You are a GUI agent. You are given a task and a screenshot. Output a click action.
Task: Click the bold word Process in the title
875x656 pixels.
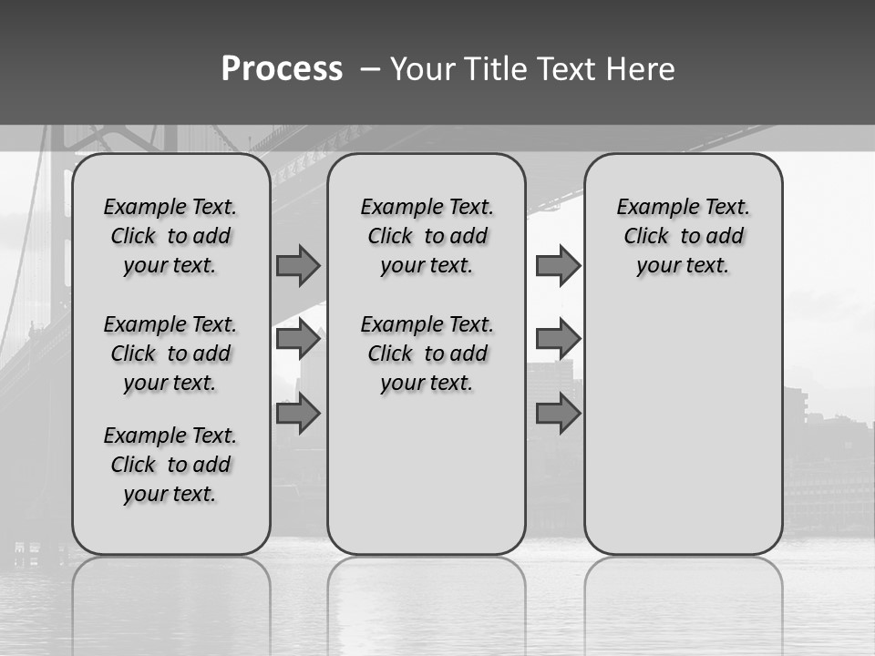click(282, 69)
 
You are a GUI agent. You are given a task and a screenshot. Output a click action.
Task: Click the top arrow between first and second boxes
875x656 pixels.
click(298, 265)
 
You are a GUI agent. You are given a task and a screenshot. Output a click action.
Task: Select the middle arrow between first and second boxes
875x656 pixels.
click(298, 339)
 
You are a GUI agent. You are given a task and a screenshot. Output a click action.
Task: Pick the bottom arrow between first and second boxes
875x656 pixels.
click(298, 413)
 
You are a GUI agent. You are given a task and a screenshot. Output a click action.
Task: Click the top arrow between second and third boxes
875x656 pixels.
click(558, 265)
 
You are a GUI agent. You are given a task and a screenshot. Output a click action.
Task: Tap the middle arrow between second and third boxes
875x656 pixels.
click(558, 339)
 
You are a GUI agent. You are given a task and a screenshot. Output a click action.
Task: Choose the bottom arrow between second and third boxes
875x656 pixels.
click(558, 413)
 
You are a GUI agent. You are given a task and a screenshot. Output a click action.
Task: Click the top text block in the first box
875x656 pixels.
click(170, 236)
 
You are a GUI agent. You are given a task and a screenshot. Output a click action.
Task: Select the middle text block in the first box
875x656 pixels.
click(170, 354)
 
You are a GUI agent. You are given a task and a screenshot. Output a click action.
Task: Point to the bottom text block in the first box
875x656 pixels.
click(170, 465)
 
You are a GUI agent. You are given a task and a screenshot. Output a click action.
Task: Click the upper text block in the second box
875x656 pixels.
click(427, 236)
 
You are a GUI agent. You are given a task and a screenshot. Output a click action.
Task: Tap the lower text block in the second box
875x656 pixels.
click(427, 354)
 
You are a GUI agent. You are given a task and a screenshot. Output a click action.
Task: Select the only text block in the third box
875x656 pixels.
click(683, 236)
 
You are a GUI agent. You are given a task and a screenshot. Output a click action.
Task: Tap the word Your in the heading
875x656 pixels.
click(423, 69)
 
